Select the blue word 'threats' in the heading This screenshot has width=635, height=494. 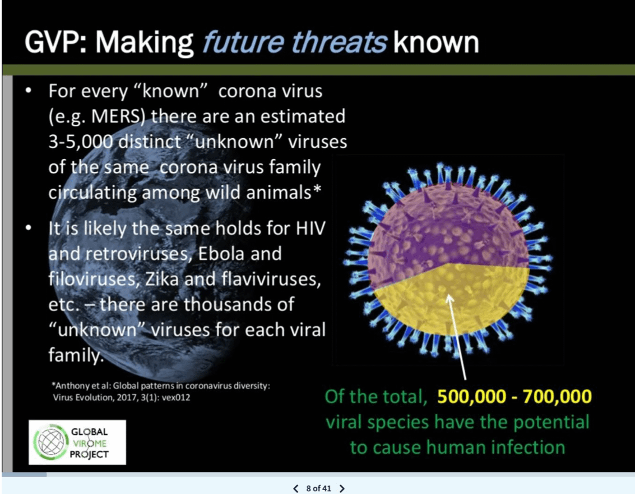339,42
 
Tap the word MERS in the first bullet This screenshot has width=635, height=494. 116,116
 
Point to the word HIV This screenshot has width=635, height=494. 310,228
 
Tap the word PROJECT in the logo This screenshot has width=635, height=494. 89,454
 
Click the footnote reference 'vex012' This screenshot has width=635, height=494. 176,397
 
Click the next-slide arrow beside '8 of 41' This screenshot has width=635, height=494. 342,488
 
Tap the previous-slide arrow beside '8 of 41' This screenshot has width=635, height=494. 295,488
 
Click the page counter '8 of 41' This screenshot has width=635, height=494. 319,488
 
